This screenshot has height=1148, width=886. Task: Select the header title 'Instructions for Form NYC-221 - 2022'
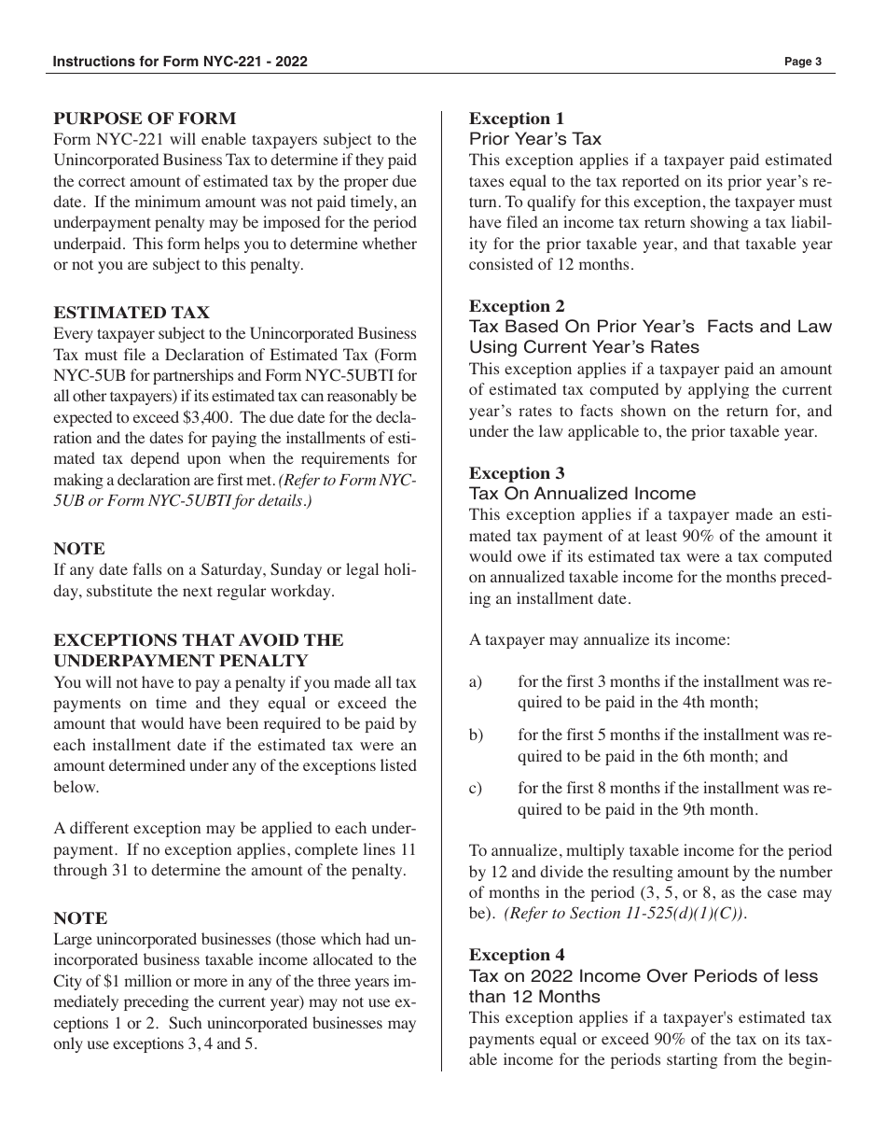point(181,62)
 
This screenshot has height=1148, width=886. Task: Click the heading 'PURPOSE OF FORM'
point(145,119)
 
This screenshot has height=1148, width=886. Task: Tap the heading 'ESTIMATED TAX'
point(132,313)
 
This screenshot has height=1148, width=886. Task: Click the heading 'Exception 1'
point(517,119)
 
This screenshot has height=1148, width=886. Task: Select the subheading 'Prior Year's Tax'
point(535,139)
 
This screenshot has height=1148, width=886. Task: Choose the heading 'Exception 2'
point(517,306)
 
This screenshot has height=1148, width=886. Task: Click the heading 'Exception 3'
point(517,473)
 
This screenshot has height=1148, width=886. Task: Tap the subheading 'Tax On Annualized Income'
point(582,494)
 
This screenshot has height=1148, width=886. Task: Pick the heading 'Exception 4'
point(517,955)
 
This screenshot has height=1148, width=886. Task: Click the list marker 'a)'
point(476,682)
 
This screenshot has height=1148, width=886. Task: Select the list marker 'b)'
point(476,735)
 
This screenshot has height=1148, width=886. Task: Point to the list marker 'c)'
point(476,789)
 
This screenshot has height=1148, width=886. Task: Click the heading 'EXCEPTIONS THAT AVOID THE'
point(199,640)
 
